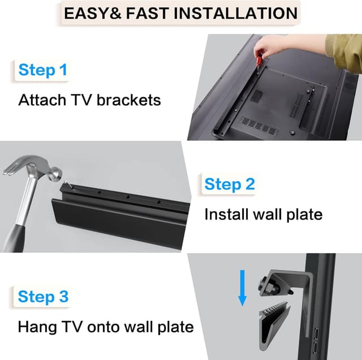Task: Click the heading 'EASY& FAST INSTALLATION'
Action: pos(180,13)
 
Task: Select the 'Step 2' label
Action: pos(229,184)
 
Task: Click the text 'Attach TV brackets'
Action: pos(89,100)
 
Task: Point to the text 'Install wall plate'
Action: pos(263,215)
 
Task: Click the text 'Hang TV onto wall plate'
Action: pos(106,327)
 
